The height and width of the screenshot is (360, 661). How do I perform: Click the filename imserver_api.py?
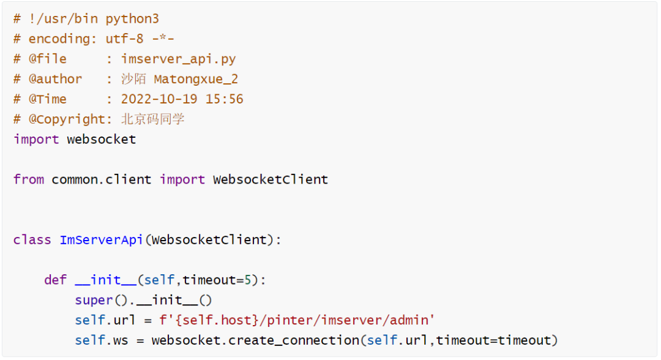(x=178, y=59)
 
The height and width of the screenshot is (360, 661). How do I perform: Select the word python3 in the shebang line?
(x=132, y=18)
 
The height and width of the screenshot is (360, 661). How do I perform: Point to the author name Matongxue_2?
(x=196, y=79)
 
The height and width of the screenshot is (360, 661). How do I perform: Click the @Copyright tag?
(x=67, y=119)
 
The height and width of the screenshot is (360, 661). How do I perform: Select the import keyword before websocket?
(x=36, y=139)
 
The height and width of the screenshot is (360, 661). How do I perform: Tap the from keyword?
(x=28, y=179)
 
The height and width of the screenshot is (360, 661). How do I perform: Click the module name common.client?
(x=101, y=179)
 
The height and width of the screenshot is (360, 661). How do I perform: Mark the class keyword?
(x=32, y=239)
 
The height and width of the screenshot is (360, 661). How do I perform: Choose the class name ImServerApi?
(x=101, y=239)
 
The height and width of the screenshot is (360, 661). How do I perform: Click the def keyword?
(x=55, y=280)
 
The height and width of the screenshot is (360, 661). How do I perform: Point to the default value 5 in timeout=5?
(x=248, y=280)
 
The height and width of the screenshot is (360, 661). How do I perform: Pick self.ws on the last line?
(x=102, y=340)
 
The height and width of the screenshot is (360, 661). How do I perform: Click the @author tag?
(x=55, y=79)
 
